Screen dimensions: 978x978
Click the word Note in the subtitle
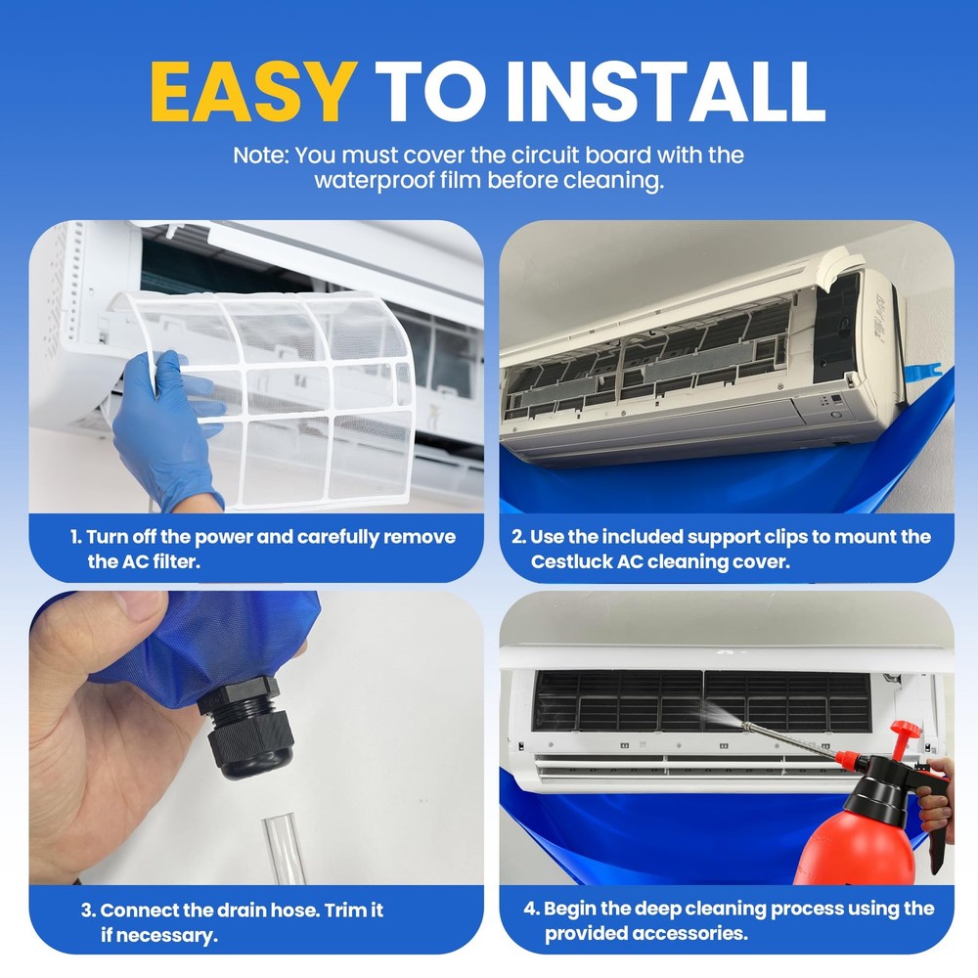260,155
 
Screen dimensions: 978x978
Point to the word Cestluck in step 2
570,561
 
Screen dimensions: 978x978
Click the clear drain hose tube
283,851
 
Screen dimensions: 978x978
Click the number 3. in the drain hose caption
88,910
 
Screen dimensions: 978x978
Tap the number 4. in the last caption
532,909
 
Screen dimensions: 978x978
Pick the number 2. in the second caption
519,537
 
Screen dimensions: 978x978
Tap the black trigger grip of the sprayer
934,822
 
